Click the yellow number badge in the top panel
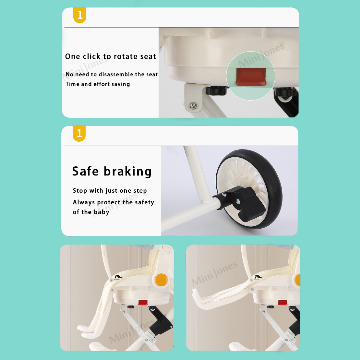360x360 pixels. [80, 15]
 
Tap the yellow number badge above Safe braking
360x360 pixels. [79, 133]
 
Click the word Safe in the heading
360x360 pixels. [85, 171]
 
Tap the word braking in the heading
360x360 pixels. [128, 172]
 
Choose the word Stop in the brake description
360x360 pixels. [80, 191]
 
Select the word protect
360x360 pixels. [109, 202]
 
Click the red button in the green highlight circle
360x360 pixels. [251, 77]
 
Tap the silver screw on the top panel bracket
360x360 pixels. [193, 106]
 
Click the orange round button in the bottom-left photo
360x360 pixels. [161, 280]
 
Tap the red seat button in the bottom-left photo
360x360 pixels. [143, 303]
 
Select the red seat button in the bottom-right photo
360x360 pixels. [282, 303]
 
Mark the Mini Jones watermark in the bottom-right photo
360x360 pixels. [214, 273]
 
